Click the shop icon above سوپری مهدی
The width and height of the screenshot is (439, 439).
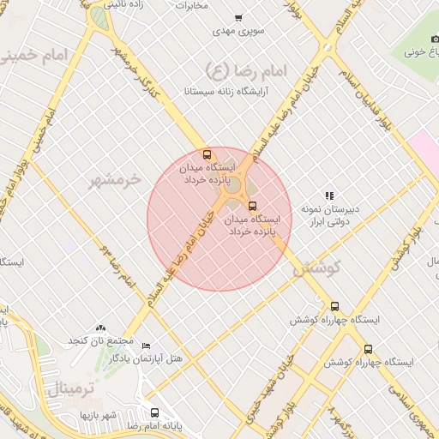[238, 18]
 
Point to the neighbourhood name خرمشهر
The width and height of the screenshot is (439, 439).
[117, 180]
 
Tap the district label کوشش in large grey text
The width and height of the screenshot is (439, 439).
[316, 267]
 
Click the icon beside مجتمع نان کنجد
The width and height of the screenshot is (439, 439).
[101, 328]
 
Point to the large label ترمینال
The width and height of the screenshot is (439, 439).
[69, 388]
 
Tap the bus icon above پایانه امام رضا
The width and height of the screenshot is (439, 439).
[154, 412]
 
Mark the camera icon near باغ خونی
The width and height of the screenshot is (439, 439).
[435, 39]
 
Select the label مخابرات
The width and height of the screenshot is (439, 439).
[192, 6]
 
